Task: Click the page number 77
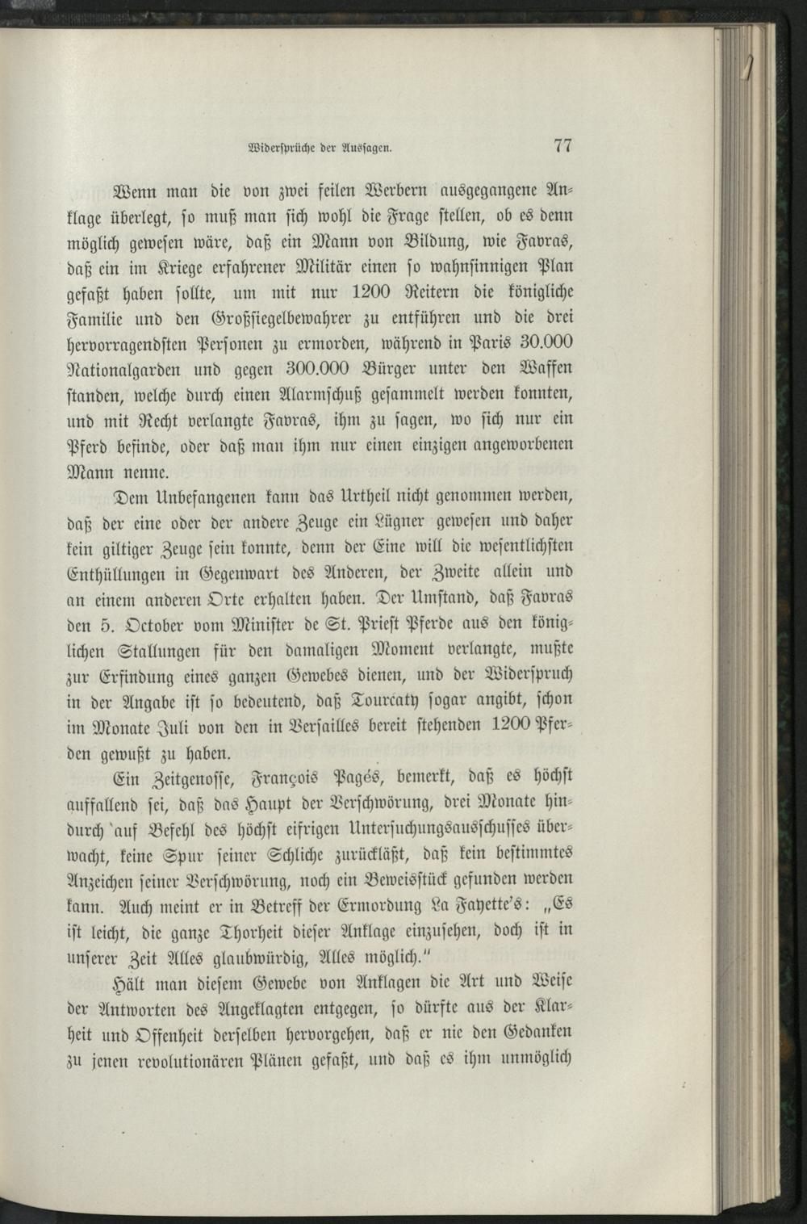coord(562,146)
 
